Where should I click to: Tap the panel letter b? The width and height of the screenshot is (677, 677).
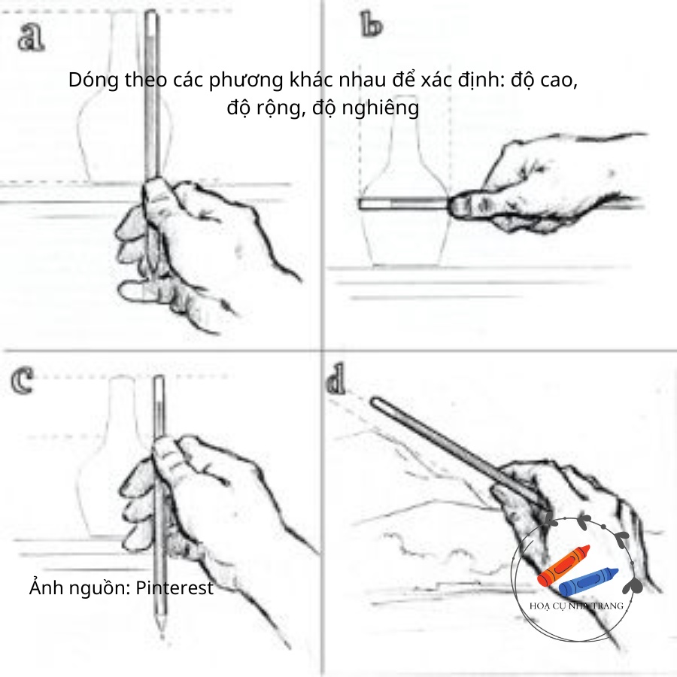(371, 26)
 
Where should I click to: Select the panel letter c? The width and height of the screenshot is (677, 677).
(24, 381)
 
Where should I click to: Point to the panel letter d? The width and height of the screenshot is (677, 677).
(335, 382)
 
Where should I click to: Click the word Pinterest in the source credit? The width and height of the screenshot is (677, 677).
(175, 587)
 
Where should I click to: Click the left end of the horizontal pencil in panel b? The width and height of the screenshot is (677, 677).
(362, 203)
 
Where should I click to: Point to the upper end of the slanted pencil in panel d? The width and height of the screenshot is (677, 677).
(376, 403)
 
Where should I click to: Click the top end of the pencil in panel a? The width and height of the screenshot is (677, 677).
(153, 13)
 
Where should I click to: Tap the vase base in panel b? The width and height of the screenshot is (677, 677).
(406, 263)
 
